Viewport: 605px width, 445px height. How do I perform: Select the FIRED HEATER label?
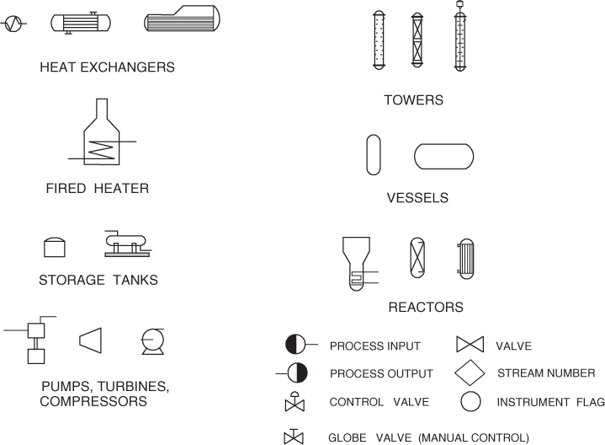98,189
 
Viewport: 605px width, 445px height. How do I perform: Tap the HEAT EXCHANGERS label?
108,67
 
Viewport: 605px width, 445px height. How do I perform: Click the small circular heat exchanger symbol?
13,24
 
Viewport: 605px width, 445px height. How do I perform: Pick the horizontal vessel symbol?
443,156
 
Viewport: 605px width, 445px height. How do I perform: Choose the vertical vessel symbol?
374,155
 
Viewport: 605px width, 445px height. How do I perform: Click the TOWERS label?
413,100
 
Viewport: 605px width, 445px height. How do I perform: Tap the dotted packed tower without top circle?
379,40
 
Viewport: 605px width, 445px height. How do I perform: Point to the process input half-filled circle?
295,344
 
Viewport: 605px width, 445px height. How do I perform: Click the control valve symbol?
295,402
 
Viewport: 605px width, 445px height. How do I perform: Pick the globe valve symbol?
294,437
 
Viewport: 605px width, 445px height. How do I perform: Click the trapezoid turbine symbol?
91,340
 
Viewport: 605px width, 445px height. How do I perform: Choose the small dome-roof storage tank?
55,246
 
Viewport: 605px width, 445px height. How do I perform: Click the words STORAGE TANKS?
98,280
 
